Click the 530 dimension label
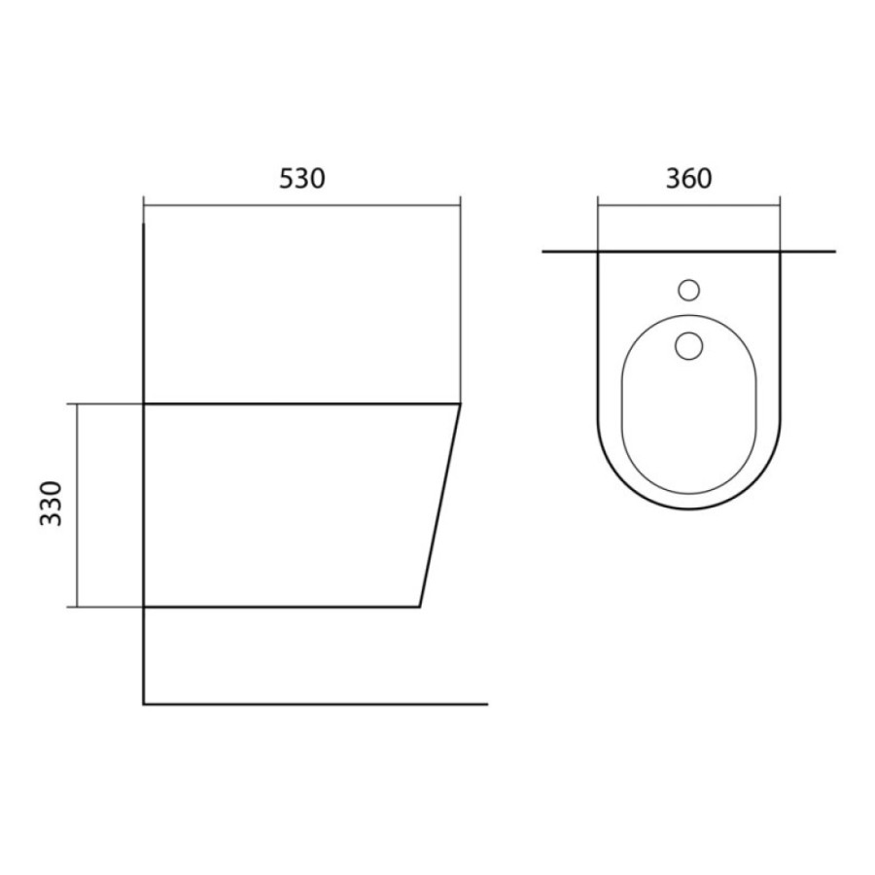(x=302, y=179)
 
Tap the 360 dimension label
(x=688, y=179)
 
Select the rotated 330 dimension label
(x=52, y=504)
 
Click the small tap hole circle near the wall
(x=689, y=290)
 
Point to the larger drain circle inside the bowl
(x=689, y=346)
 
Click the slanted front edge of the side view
(x=440, y=505)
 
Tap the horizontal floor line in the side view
(x=316, y=704)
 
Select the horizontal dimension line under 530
(x=302, y=205)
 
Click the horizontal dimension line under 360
(x=689, y=205)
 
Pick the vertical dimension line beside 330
(x=78, y=505)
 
